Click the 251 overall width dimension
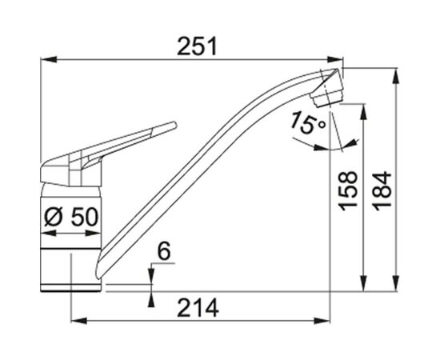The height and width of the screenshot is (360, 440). [198, 46]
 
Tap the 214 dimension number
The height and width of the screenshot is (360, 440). [198, 308]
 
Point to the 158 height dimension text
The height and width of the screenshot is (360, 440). [348, 191]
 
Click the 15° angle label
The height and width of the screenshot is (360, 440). [308, 123]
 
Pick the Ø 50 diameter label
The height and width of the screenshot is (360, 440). [71, 217]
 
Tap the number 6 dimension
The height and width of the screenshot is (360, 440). [164, 251]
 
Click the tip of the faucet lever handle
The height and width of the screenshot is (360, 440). [174, 124]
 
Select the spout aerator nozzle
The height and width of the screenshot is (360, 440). [327, 97]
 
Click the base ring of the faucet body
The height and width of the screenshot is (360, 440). [70, 288]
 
